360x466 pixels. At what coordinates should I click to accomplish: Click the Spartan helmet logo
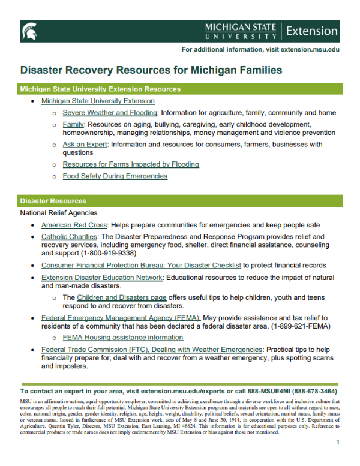click(28, 31)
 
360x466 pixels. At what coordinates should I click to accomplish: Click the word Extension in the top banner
click(312, 31)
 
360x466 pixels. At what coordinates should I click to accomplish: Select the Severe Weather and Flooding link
click(110, 113)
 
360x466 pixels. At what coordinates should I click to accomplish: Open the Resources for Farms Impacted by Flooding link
click(131, 164)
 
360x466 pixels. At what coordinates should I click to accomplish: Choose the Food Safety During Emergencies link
click(115, 176)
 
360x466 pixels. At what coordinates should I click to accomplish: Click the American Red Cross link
click(74, 225)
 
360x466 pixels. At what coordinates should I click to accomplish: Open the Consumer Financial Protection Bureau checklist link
click(141, 265)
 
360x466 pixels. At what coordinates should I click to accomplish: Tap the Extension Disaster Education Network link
click(102, 278)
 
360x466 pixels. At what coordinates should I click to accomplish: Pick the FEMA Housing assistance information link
click(123, 337)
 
